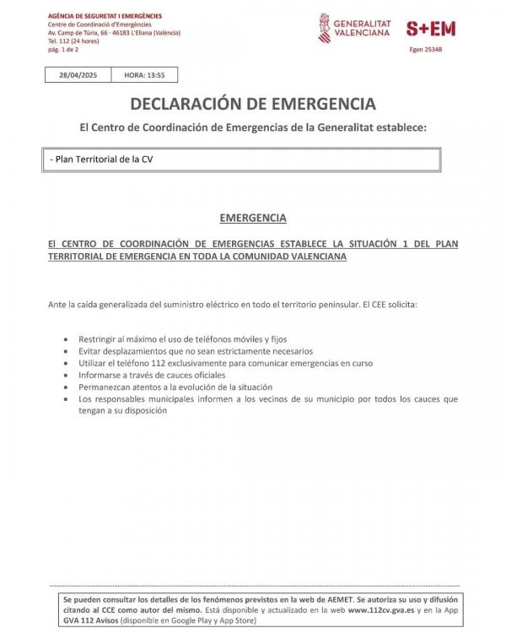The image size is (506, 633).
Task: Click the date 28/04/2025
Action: tap(78, 74)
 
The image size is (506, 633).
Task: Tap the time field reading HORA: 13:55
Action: tap(144, 74)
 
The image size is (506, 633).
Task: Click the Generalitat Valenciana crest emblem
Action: tap(325, 27)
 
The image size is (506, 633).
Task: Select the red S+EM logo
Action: tap(430, 28)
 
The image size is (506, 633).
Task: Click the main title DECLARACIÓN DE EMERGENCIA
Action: tap(253, 104)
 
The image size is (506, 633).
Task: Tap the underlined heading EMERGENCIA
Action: tap(253, 217)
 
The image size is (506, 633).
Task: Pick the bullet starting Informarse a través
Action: tap(152, 374)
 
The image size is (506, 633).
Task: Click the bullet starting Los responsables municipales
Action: tap(268, 398)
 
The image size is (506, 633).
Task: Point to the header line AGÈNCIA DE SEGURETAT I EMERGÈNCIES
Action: tap(105, 16)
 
